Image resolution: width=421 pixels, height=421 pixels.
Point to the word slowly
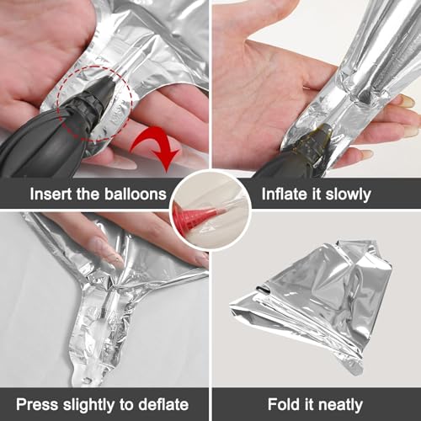point(349,195)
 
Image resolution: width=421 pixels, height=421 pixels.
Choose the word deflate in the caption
point(163,404)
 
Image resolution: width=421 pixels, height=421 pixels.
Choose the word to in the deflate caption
point(127,405)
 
